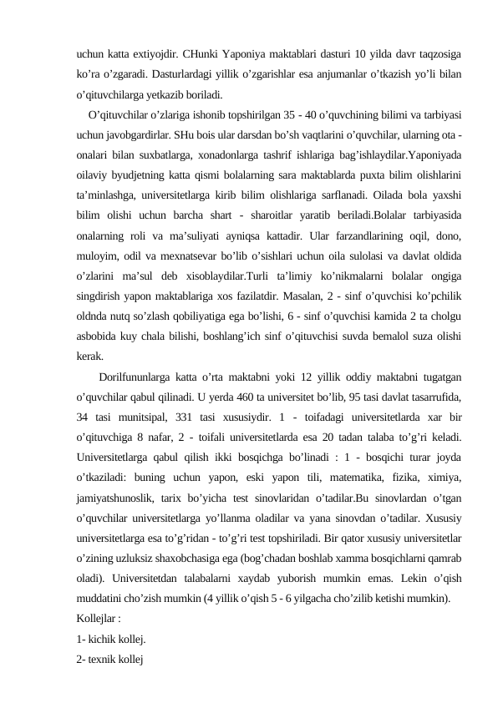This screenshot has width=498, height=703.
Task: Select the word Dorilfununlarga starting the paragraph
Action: pos(135,397)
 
